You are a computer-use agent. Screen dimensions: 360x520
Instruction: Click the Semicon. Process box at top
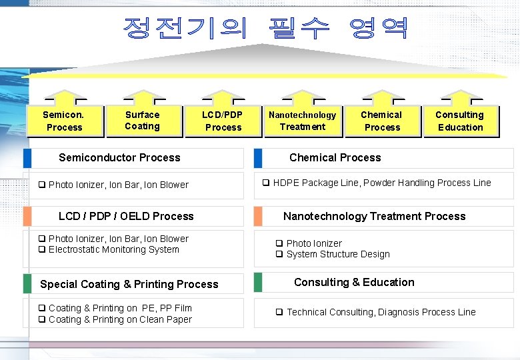tap(64, 121)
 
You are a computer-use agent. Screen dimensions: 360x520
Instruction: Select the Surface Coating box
tap(143, 121)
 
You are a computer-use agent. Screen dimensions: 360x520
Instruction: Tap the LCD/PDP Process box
tap(223, 121)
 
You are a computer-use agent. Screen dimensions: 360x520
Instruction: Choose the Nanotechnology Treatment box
tap(302, 121)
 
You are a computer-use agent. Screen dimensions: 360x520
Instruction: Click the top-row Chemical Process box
tap(382, 121)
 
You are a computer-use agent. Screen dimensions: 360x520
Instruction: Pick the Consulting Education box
tap(460, 121)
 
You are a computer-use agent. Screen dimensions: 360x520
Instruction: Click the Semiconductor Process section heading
tap(119, 158)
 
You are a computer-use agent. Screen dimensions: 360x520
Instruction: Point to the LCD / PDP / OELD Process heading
tap(126, 217)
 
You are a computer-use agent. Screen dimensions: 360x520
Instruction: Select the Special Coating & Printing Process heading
tap(129, 284)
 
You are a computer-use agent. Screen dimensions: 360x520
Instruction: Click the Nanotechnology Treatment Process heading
tap(374, 217)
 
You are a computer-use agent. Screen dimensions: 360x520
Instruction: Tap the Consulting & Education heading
tap(354, 283)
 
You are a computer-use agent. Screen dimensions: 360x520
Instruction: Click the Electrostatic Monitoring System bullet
tap(113, 250)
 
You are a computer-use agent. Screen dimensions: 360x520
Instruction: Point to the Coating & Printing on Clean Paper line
tap(119, 320)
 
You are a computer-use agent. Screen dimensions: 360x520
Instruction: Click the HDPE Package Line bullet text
tap(381, 183)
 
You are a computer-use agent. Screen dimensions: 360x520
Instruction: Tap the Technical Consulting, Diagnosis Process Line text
tap(381, 313)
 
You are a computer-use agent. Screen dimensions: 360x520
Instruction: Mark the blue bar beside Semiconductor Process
tap(27, 158)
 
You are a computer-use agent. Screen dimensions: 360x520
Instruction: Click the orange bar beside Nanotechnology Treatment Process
tap(257, 217)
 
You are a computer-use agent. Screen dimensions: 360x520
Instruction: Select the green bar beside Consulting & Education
tap(257, 283)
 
